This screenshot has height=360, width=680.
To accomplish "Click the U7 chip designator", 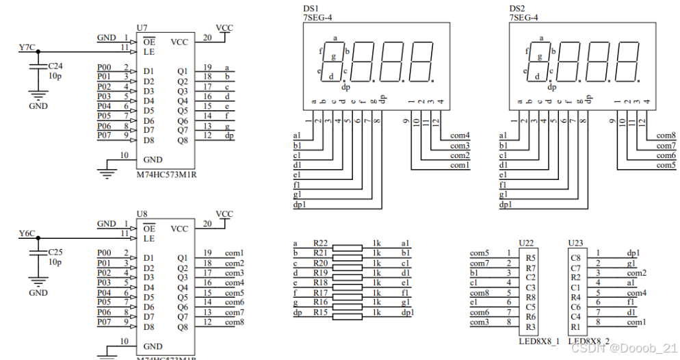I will point(142,28).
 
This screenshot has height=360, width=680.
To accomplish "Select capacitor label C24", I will point(55,66).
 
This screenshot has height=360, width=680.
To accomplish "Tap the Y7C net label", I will point(27,47).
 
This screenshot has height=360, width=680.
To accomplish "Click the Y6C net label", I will point(27,234).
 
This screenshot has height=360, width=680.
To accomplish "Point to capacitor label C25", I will point(55,252).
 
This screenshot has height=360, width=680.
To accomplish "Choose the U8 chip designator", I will point(142,214).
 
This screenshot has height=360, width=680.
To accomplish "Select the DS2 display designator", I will point(517,8).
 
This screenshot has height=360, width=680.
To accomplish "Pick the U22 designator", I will point(527,243).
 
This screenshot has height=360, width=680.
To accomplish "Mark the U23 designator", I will point(576,243).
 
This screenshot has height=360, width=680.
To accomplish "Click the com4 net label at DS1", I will point(460,136).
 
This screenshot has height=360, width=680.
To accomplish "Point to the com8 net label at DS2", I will point(666,136).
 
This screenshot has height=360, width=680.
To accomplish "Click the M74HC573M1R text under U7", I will point(167,175).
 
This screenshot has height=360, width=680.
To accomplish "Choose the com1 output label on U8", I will point(234,253).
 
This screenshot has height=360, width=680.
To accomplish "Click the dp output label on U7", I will point(228,136).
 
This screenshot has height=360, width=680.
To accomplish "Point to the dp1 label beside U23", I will point(633,253).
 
